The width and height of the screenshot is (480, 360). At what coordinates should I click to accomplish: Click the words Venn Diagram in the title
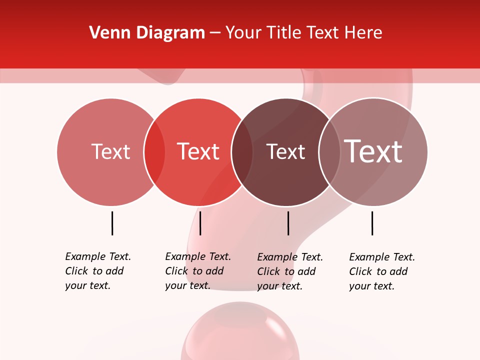pyautogui.click(x=147, y=33)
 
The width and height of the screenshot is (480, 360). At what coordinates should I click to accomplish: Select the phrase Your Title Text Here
pyautogui.click(x=303, y=33)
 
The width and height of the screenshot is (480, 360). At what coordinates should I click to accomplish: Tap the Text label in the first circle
pyautogui.click(x=110, y=151)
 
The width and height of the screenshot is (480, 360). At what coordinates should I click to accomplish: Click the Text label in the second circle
pyautogui.click(x=198, y=151)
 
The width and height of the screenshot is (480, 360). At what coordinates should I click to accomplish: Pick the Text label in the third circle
pyautogui.click(x=285, y=152)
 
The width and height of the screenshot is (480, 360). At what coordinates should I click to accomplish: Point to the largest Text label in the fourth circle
pyautogui.click(x=373, y=151)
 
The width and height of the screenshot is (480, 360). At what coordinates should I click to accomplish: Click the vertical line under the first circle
pyautogui.click(x=112, y=223)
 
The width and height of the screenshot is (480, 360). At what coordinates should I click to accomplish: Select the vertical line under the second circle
pyautogui.click(x=200, y=223)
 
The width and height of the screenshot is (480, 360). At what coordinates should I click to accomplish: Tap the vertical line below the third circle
pyautogui.click(x=288, y=223)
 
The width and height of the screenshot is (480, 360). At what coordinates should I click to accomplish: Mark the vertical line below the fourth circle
pyautogui.click(x=372, y=223)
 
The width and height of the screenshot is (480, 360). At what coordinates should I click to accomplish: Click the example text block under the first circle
pyautogui.click(x=98, y=271)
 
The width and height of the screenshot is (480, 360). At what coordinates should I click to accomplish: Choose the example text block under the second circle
pyautogui.click(x=198, y=271)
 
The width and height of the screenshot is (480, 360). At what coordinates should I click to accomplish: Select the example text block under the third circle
pyautogui.click(x=290, y=271)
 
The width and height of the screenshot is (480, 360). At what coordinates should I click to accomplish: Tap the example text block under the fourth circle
pyautogui.click(x=382, y=271)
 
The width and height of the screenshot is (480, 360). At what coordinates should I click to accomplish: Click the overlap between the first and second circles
pyautogui.click(x=154, y=152)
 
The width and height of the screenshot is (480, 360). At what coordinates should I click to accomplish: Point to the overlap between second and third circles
pyautogui.click(x=242, y=152)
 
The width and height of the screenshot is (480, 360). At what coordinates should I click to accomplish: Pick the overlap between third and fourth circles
pyautogui.click(x=329, y=152)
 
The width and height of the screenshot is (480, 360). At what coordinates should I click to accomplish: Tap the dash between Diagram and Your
pyautogui.click(x=215, y=33)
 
